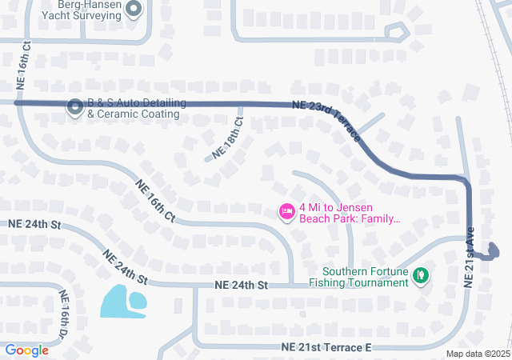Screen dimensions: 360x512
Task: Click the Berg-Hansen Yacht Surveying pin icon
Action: pos(134,9)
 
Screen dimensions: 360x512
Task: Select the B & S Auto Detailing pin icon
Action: pos(75,106)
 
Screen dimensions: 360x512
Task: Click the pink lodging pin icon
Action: pos(286,211)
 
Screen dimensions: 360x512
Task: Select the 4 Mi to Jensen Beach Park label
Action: pos(349,211)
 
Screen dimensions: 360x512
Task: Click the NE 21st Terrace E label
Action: pos(327,347)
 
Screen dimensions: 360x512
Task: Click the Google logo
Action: pos(26,350)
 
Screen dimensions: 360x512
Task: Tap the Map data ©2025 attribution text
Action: pos(477,354)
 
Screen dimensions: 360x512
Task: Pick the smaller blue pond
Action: pos(139,300)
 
